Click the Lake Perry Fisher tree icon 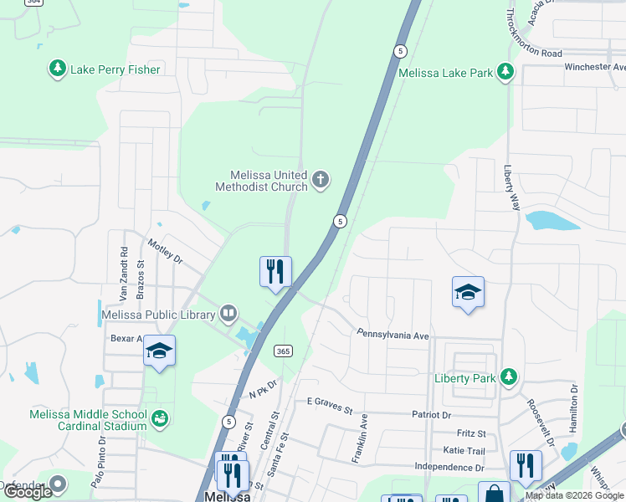[58, 69]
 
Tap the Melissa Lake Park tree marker [505, 73]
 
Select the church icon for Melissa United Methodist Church [320, 180]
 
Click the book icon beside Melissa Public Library [228, 315]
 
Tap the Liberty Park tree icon [508, 377]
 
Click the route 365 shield [283, 351]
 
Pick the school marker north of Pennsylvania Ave [468, 292]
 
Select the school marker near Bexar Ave [158, 351]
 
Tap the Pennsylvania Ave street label [393, 334]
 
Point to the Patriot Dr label [431, 414]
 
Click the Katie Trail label [465, 450]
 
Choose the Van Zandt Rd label [123, 274]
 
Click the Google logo [28, 492]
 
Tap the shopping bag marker [494, 494]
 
